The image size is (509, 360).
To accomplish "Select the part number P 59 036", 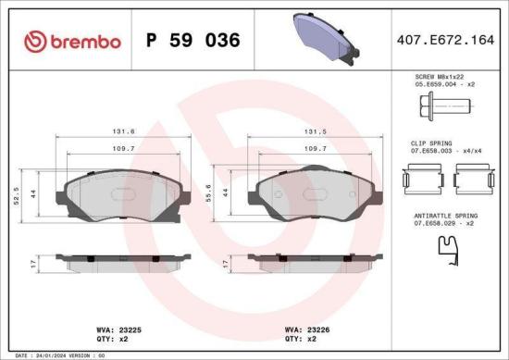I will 193,41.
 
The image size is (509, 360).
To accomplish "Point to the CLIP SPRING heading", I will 428,144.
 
